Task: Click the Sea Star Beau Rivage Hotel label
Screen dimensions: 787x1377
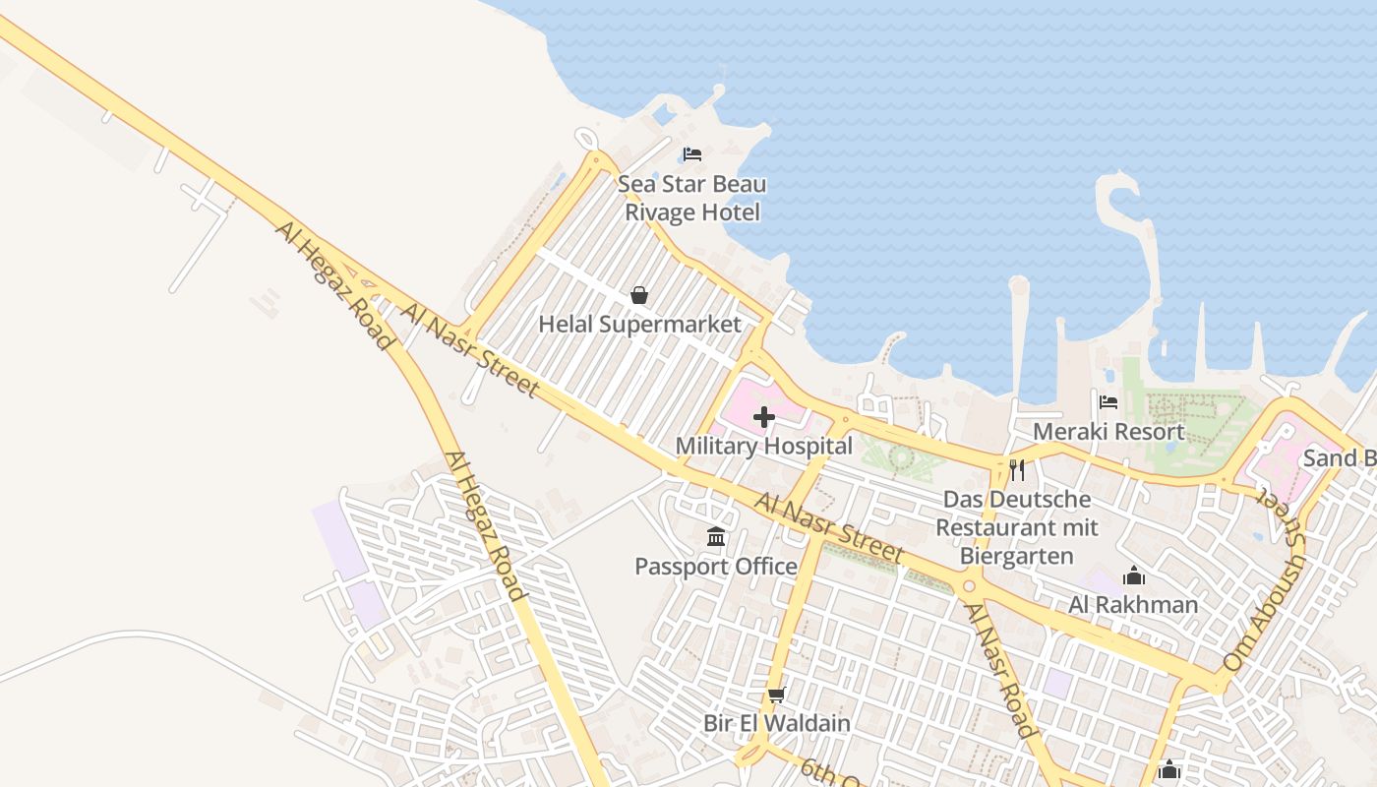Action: (692, 198)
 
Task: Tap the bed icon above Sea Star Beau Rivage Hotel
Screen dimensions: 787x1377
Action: (692, 154)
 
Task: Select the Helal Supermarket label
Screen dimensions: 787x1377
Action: (639, 324)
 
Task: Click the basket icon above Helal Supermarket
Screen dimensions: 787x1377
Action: (639, 295)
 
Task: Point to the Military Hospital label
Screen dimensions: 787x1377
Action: (763, 446)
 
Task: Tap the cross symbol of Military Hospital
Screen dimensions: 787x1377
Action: (763, 417)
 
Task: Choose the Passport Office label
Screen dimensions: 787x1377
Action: (716, 566)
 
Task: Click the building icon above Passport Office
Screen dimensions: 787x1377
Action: (716, 537)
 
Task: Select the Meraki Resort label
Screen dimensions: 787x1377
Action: (1108, 431)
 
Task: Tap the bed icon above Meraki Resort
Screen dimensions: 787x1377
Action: (1108, 402)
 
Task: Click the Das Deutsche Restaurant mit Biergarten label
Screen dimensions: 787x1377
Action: (1017, 527)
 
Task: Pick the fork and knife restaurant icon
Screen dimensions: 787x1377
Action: (1017, 469)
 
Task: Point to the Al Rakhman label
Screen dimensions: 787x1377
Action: (1133, 604)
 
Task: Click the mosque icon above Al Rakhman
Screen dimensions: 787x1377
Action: (1134, 575)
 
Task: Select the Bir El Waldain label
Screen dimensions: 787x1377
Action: (776, 723)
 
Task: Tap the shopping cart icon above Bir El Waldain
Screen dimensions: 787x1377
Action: (776, 696)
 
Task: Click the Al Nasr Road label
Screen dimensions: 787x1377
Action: (999, 671)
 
